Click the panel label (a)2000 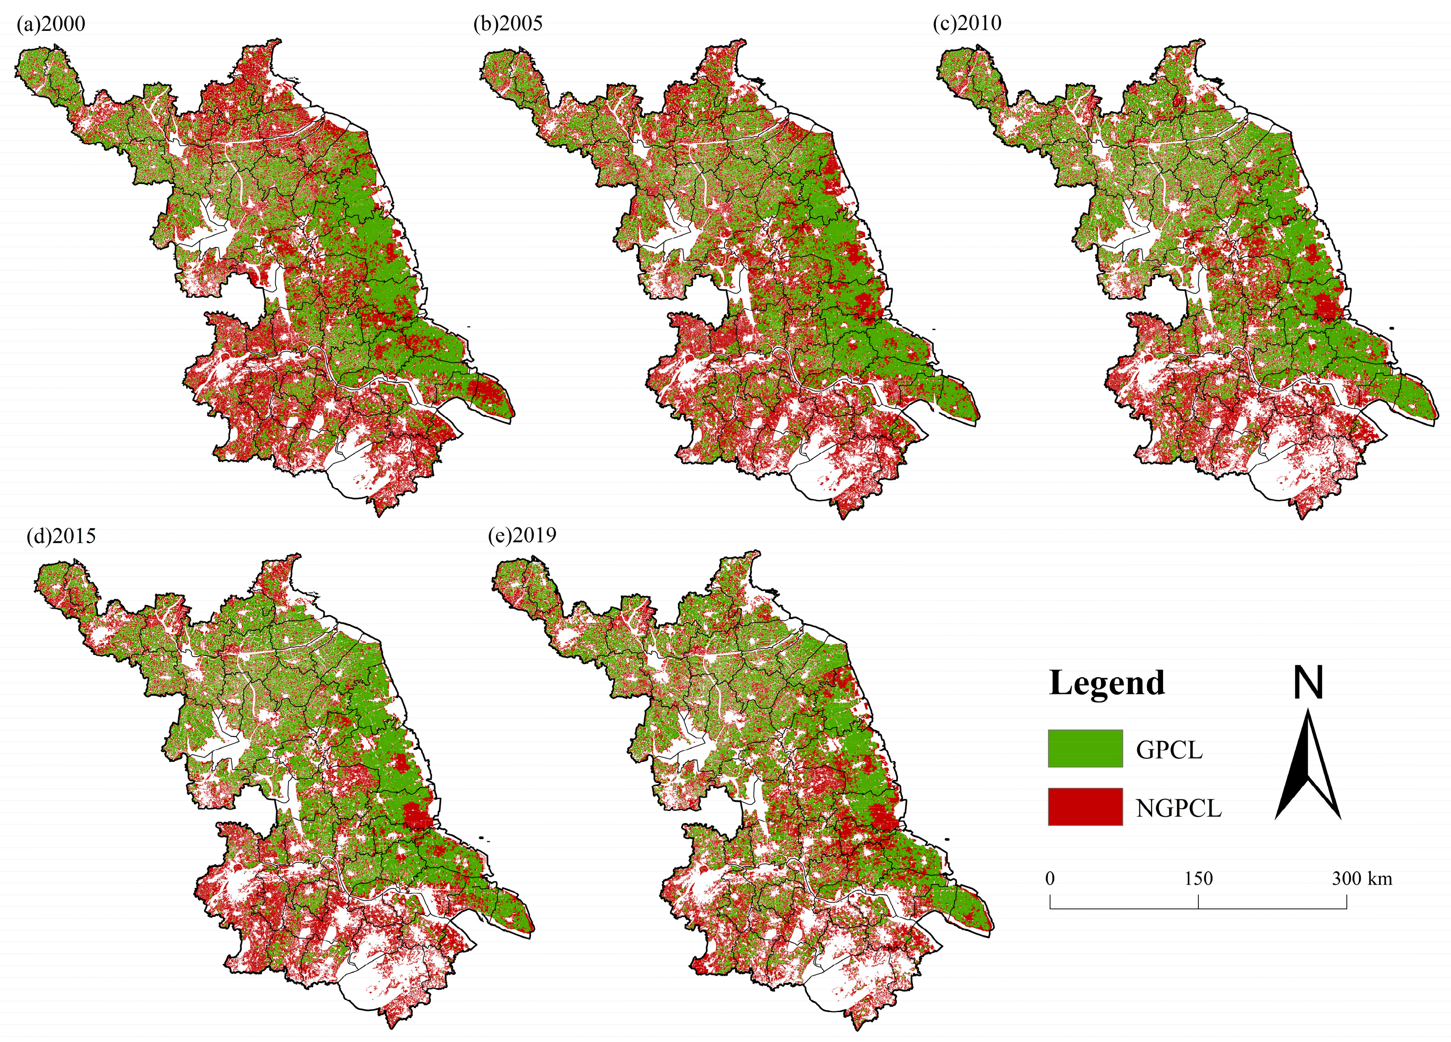pos(50,24)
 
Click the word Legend pos(1106,683)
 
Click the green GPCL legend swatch pos(1085,748)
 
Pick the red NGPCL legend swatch pos(1085,807)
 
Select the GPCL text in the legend pos(1169,750)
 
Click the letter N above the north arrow pos(1308,683)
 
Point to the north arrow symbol pos(1308,768)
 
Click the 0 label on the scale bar pos(1050,879)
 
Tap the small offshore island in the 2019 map pos(947,839)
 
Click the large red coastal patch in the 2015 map pos(417,815)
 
